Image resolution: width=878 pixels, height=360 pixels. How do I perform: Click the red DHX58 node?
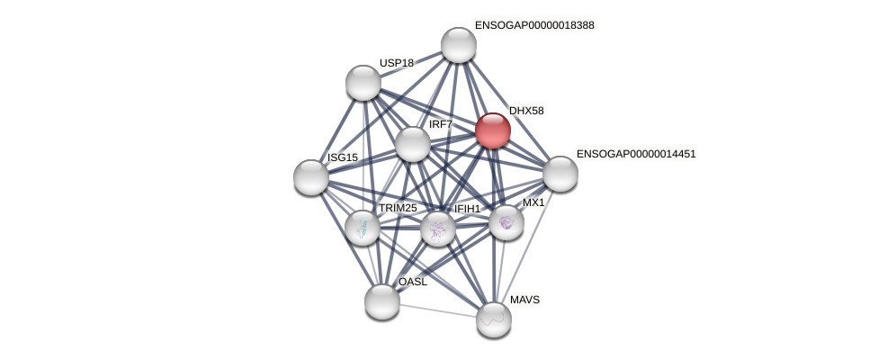(493, 130)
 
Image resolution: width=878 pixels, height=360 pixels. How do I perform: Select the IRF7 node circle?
(413, 144)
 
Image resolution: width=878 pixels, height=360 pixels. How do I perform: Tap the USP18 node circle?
(363, 83)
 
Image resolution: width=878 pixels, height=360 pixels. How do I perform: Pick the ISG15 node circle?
(311, 177)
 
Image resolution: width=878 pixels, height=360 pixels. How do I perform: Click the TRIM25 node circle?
(363, 228)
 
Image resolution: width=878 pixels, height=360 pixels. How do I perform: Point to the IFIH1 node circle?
(438, 229)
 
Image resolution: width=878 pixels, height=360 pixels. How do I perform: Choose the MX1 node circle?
(506, 222)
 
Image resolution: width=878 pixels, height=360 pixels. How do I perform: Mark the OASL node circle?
(382, 301)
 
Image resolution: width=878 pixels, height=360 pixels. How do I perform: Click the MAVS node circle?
(494, 319)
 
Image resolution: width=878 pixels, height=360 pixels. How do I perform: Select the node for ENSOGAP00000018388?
(459, 45)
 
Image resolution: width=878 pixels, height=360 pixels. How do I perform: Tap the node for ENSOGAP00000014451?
(560, 174)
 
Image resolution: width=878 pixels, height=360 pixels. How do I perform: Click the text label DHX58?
(526, 111)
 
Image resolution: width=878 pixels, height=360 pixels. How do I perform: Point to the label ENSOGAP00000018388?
(534, 25)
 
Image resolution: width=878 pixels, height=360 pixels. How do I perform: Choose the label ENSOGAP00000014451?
(636, 154)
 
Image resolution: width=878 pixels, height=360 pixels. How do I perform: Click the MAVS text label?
(524, 300)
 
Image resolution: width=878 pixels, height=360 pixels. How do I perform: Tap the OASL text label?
(413, 282)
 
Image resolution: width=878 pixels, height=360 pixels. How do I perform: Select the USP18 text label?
(396, 63)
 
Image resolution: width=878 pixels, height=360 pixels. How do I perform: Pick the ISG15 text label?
(343, 157)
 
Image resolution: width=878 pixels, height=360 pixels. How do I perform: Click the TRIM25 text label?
(398, 208)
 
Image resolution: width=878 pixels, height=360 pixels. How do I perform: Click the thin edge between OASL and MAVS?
(438, 310)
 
